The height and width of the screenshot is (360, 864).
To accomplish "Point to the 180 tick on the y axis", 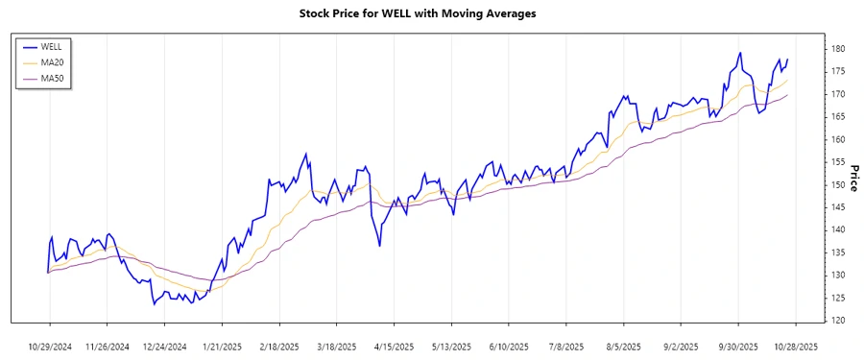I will tap(837, 49).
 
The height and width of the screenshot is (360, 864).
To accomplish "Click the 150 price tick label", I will tap(837, 184).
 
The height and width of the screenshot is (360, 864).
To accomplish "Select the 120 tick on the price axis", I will tap(837, 320).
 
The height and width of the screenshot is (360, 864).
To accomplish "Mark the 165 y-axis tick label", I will tap(837, 116).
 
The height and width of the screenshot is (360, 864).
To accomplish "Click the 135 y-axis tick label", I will tap(837, 252).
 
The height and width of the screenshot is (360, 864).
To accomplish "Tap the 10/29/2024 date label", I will tap(50, 346).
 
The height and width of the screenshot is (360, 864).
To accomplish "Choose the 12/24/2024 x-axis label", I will tap(164, 346).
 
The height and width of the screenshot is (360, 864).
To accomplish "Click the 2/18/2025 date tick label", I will tap(278, 346).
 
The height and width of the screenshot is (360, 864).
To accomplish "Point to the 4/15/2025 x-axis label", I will tap(394, 346).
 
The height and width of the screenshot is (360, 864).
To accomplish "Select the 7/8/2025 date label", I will tap(565, 346).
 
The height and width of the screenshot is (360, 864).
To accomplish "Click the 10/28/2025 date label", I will tap(795, 346).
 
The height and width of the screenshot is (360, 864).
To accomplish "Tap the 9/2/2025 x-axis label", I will tap(681, 346).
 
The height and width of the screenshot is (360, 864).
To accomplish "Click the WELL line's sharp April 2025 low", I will tap(380, 246).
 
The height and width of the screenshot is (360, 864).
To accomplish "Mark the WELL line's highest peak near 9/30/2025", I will tap(740, 53).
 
